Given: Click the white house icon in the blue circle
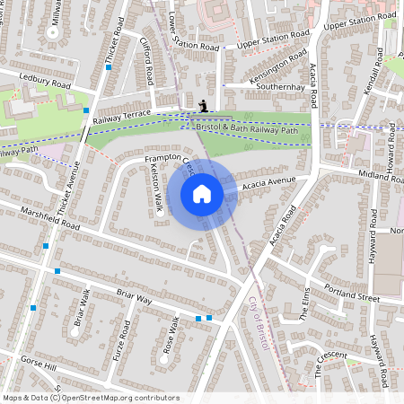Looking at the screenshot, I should point(202,193).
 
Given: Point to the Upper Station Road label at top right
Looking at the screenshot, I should point(359,22).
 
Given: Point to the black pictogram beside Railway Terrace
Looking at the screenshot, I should point(205,105).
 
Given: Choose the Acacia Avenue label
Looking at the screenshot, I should point(268,184).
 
